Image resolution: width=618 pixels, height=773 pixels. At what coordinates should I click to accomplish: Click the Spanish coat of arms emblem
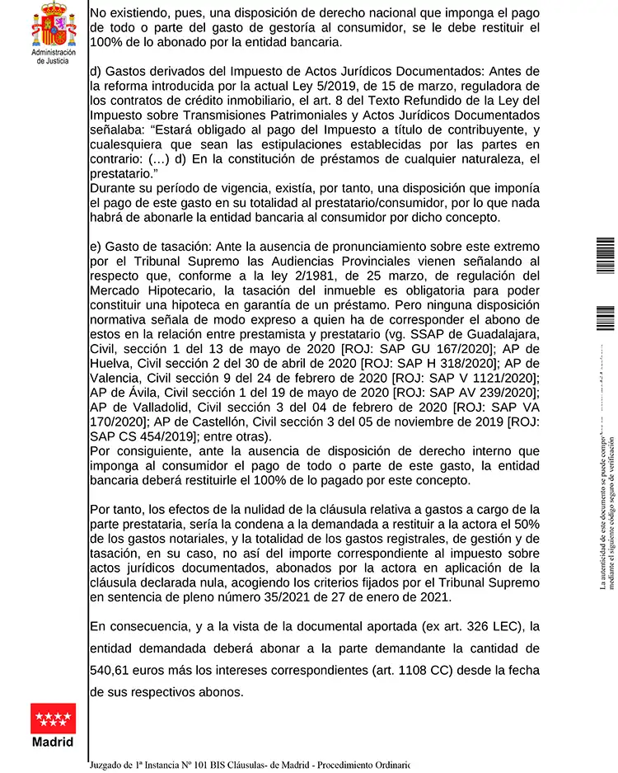point(53,25)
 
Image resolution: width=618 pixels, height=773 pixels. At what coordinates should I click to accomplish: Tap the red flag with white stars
point(53,718)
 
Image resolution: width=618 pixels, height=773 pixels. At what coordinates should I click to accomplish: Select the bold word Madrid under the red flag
point(53,742)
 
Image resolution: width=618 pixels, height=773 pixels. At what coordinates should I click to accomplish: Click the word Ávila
point(126,393)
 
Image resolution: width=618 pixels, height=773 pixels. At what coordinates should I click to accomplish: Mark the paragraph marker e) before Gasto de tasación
point(96,246)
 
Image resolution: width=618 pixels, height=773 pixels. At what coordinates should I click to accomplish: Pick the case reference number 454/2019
point(170,437)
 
